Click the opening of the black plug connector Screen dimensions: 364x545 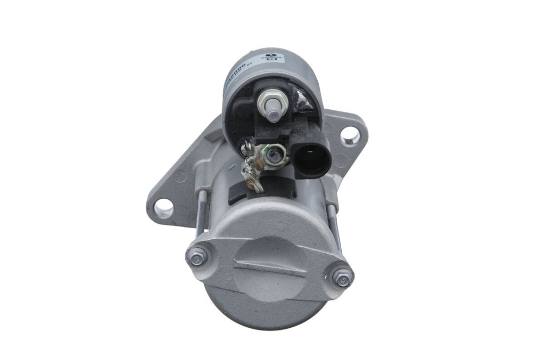pos(311,158)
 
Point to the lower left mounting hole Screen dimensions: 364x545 pos(163,208)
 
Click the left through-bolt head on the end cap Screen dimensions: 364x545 pos(196,258)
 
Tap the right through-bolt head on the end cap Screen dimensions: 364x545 pos(341,277)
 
